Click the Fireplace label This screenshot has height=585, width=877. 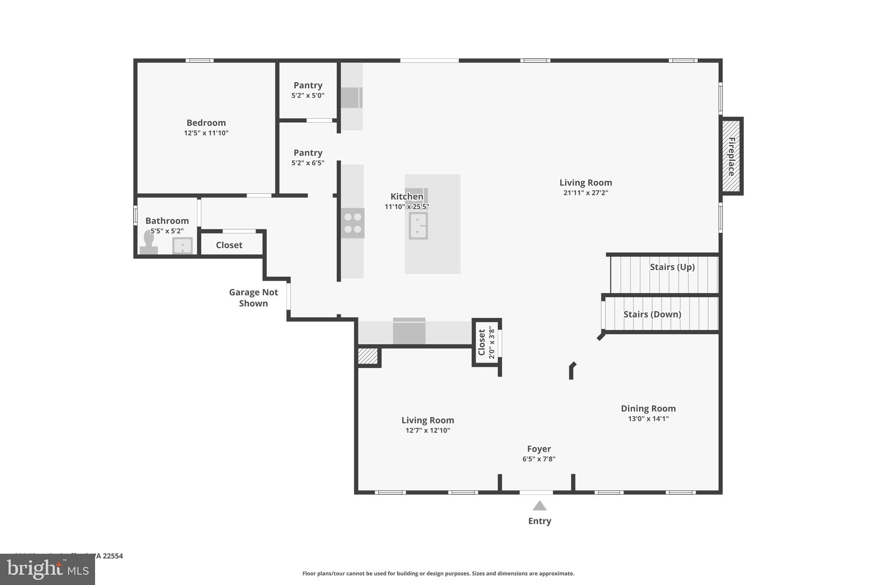[x=731, y=156]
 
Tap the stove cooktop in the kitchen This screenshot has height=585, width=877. [x=352, y=223]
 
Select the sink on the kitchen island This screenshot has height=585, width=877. [x=418, y=225]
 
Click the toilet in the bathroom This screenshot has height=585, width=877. [x=149, y=243]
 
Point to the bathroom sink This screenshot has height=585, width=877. [x=182, y=246]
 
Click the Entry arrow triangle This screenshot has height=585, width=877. [x=540, y=506]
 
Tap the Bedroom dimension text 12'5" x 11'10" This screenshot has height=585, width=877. [x=206, y=133]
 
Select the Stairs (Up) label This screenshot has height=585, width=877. [x=672, y=267]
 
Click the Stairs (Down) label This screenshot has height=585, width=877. [x=652, y=314]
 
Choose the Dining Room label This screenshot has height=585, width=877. [x=648, y=408]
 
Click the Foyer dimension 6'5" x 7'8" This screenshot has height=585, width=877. [x=539, y=459]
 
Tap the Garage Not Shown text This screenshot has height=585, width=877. [x=254, y=297]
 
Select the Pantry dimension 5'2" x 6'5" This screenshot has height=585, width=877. [x=308, y=163]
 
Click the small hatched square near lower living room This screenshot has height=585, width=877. [x=368, y=356]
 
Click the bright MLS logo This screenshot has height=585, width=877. [x=48, y=569]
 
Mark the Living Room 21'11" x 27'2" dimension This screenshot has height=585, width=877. [x=585, y=193]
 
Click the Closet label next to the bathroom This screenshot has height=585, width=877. [x=229, y=245]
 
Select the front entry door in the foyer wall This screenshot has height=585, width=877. [x=536, y=492]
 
